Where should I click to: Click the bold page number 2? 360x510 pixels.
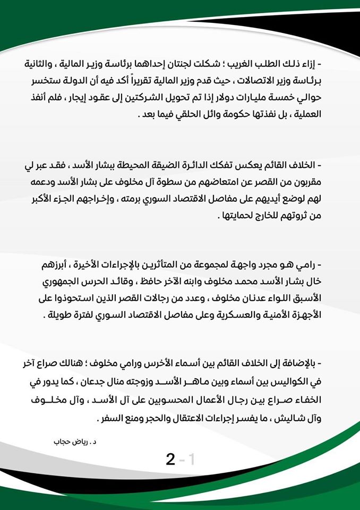click(x=170, y=460)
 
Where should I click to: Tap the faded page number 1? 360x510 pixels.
click(x=191, y=460)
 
